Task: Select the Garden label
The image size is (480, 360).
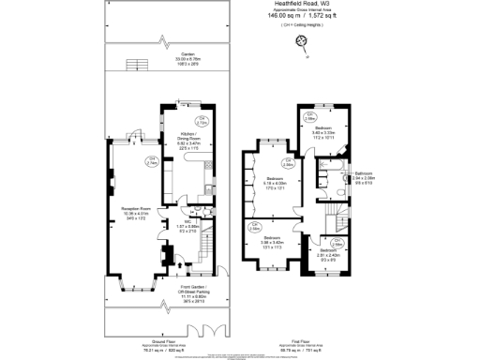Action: tap(162, 56)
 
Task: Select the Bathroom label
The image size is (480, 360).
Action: tap(364, 176)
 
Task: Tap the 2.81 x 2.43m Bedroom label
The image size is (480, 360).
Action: tap(327, 253)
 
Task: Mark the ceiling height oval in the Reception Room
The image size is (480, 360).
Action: tap(152, 162)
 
